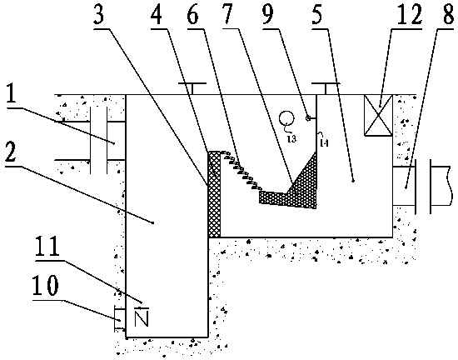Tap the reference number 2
click(10, 152)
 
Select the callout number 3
click(99, 15)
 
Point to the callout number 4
click(157, 15)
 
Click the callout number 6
click(193, 15)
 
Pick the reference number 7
click(227, 15)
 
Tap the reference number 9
click(268, 15)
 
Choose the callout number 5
click(318, 15)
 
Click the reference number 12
click(410, 15)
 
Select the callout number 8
click(448, 15)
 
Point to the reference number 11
click(47, 247)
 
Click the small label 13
click(291, 139)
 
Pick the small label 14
click(325, 142)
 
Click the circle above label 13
click(286, 117)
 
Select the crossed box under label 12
click(378, 116)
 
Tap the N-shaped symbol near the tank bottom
click(142, 317)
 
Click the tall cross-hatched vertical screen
click(214, 194)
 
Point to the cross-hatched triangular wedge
click(301, 180)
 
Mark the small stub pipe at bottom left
click(120, 319)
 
